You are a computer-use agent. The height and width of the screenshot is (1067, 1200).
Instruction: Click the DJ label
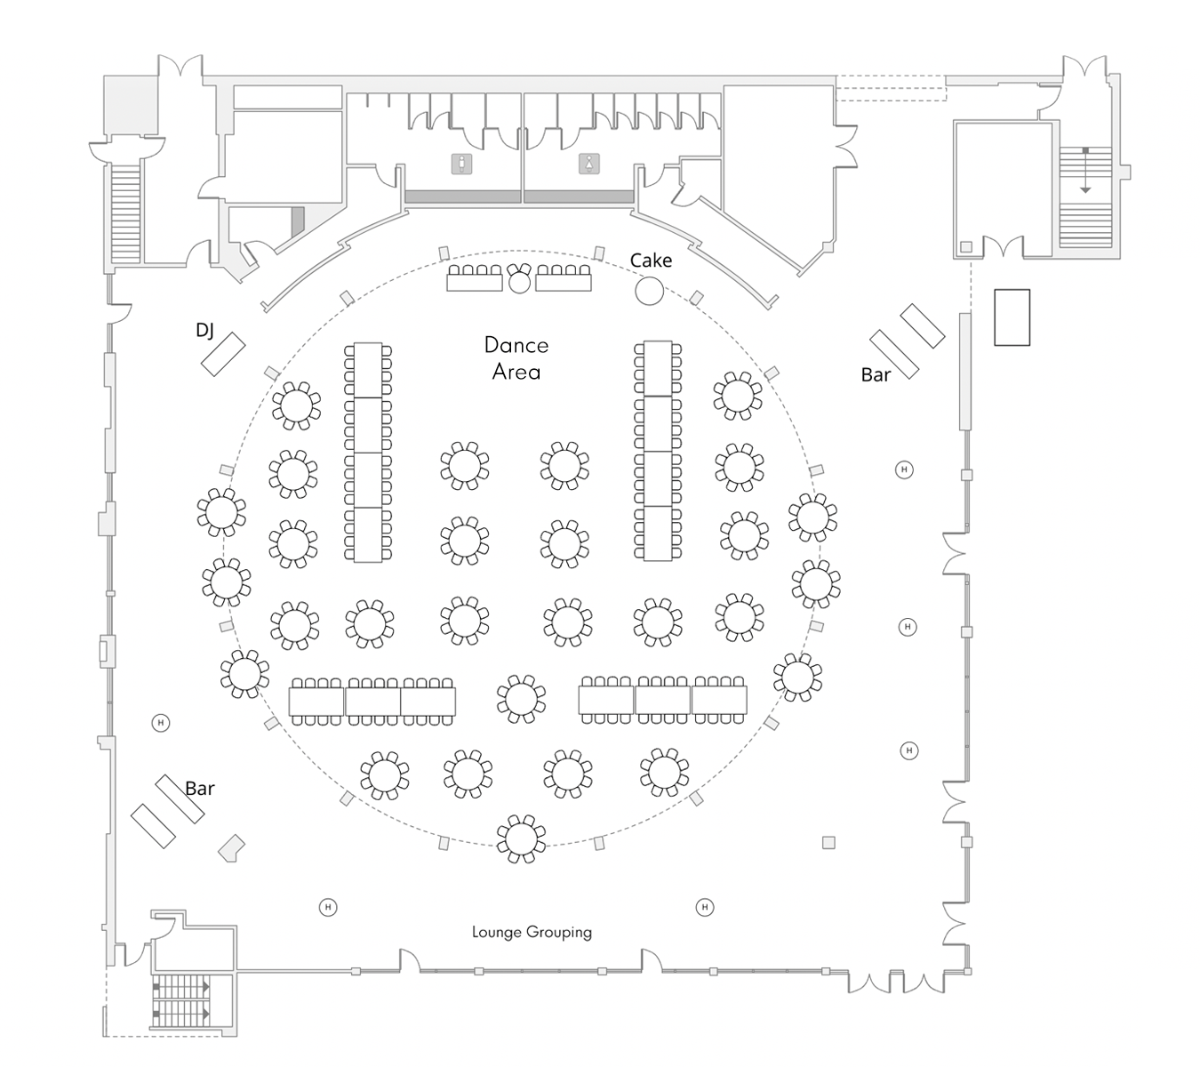click(204, 331)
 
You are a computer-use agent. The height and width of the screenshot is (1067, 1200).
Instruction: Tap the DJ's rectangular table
click(222, 353)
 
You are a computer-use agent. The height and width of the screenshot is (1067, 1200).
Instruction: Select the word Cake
click(651, 261)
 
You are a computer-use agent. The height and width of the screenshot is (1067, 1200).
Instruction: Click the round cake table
click(650, 291)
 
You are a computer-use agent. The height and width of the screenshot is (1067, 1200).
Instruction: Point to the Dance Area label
click(516, 358)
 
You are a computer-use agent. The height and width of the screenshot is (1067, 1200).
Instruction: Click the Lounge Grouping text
click(532, 932)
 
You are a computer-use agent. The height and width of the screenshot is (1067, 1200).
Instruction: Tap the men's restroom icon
click(461, 164)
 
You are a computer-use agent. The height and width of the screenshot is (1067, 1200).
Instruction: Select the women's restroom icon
click(588, 164)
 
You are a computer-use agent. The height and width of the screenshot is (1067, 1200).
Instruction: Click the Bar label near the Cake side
click(876, 375)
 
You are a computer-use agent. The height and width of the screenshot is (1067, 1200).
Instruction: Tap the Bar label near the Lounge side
click(200, 789)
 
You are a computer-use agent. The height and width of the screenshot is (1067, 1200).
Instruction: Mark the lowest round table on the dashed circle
click(521, 838)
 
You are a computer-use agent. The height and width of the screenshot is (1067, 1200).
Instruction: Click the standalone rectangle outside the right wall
click(1012, 317)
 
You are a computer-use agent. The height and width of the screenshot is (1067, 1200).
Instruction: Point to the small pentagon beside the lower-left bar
click(232, 848)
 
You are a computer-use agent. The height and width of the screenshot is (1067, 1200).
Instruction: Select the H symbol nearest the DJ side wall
click(161, 723)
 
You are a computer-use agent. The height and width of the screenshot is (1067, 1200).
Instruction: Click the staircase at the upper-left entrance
click(126, 211)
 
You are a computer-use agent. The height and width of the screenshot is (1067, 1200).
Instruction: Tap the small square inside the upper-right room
click(965, 246)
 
